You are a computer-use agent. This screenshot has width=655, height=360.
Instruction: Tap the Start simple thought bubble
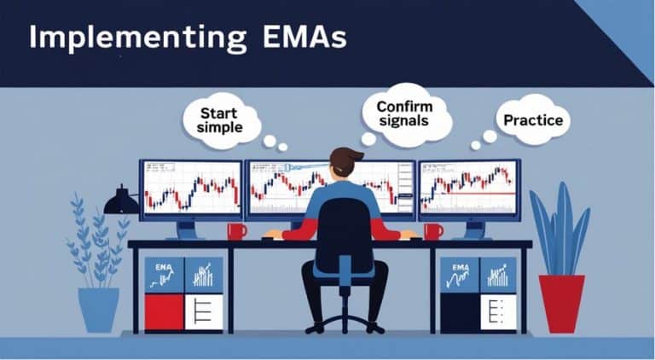click(x=219, y=119)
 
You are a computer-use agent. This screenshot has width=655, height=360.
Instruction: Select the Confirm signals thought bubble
click(x=403, y=114)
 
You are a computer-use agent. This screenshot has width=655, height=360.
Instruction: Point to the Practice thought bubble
click(x=533, y=120)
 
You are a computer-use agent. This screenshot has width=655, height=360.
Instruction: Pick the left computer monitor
click(x=191, y=189)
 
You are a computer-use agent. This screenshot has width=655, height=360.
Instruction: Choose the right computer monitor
click(x=468, y=189)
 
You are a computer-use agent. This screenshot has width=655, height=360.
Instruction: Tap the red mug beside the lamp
click(x=235, y=231)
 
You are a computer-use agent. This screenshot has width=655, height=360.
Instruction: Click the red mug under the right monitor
click(x=432, y=231)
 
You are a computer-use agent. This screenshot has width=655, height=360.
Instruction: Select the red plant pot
click(x=560, y=303)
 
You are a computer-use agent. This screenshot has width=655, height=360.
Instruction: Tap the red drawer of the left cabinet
click(x=164, y=312)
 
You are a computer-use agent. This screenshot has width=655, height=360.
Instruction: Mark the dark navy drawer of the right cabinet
click(x=460, y=312)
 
